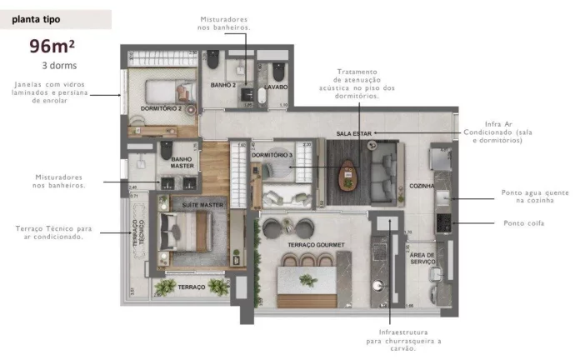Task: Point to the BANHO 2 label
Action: click(x=222, y=85)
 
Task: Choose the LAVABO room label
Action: click(x=276, y=86)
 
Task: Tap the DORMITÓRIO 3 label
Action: click(x=272, y=155)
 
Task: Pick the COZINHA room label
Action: click(x=422, y=187)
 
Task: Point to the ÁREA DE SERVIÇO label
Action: click(x=422, y=258)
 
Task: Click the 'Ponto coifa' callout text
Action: click(x=522, y=222)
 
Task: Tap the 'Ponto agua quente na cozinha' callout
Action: click(x=522, y=197)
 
